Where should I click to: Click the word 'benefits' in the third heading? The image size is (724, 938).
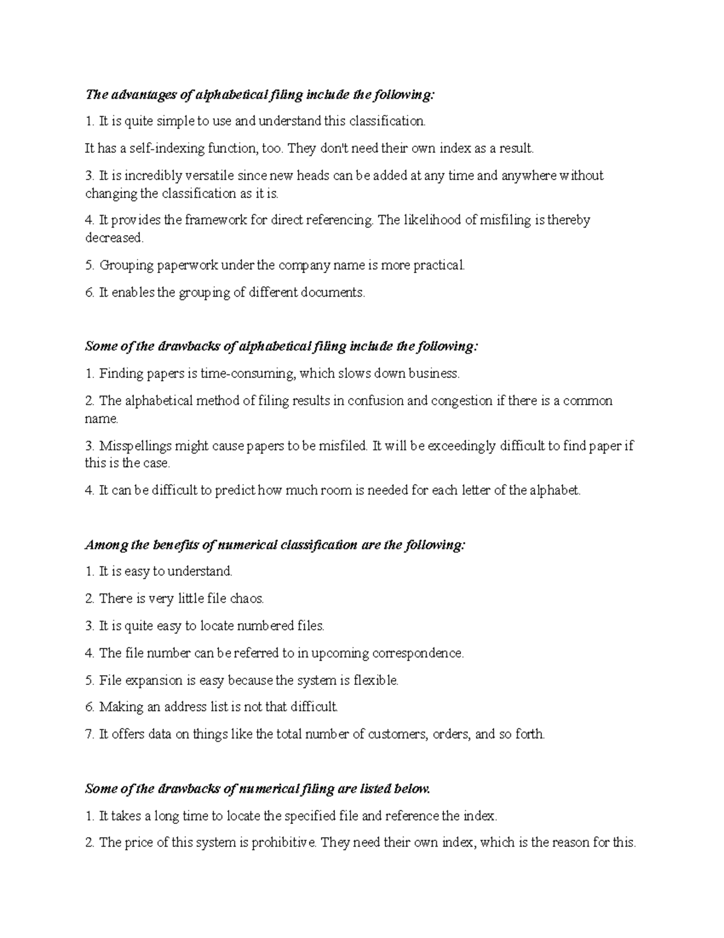(x=174, y=545)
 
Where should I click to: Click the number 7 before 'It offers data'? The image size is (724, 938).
(x=89, y=734)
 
